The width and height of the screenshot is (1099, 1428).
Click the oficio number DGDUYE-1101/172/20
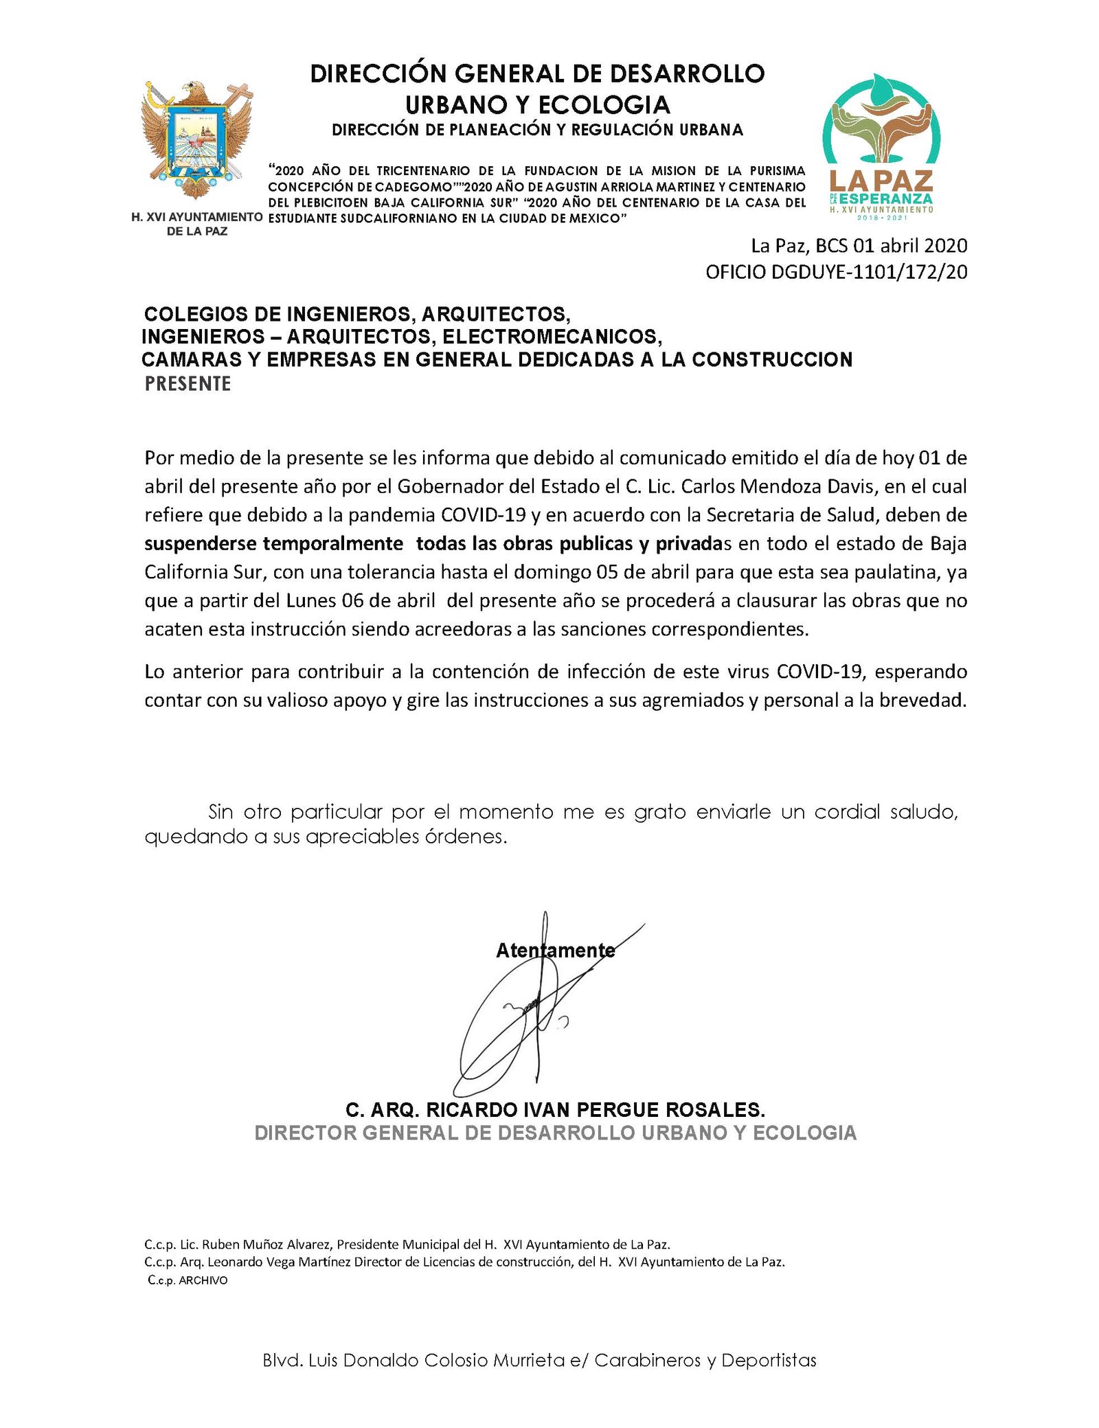[836, 272]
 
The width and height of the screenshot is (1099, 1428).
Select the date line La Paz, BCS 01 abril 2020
[859, 246]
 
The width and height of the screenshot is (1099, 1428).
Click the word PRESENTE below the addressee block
[188, 384]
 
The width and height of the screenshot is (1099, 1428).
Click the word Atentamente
[555, 951]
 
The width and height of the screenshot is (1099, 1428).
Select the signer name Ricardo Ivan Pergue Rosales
[554, 1110]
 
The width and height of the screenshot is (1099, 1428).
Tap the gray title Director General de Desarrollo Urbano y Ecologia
[555, 1133]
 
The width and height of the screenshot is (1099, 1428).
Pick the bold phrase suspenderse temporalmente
[273, 543]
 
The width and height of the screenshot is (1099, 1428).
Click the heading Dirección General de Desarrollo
[537, 73]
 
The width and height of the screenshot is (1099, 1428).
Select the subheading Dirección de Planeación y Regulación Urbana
[537, 130]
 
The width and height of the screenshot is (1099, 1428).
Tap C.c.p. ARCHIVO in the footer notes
[187, 1280]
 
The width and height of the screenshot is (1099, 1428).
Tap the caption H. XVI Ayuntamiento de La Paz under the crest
[197, 224]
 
